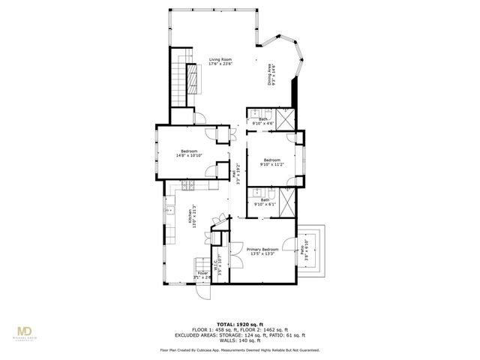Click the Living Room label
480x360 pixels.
coord(220,61)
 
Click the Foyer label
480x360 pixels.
coord(202,275)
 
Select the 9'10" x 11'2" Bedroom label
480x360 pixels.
coord(271,162)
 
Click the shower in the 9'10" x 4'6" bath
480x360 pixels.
coord(286,118)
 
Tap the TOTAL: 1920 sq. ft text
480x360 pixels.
coord(239,322)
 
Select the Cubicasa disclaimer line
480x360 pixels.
coord(239,349)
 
